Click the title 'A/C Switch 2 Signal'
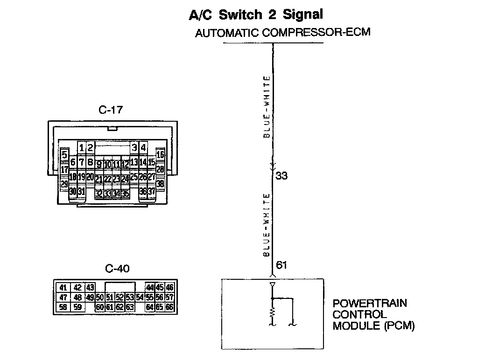click(x=256, y=15)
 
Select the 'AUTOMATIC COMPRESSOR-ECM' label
click(x=283, y=33)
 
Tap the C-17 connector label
click(x=111, y=111)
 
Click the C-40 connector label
click(x=117, y=269)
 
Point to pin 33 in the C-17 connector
click(x=108, y=194)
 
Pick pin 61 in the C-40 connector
click(x=110, y=307)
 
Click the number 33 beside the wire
click(x=281, y=176)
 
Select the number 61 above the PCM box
click(x=281, y=265)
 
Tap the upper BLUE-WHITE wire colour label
click(x=267, y=107)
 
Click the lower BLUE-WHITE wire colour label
click(x=267, y=225)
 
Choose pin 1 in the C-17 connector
click(x=82, y=148)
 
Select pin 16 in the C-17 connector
click(x=160, y=155)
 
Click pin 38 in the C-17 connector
click(x=160, y=184)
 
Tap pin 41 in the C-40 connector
click(x=63, y=288)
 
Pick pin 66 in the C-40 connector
click(x=169, y=307)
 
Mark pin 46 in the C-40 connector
click(x=169, y=288)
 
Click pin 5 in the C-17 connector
click(x=64, y=155)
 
